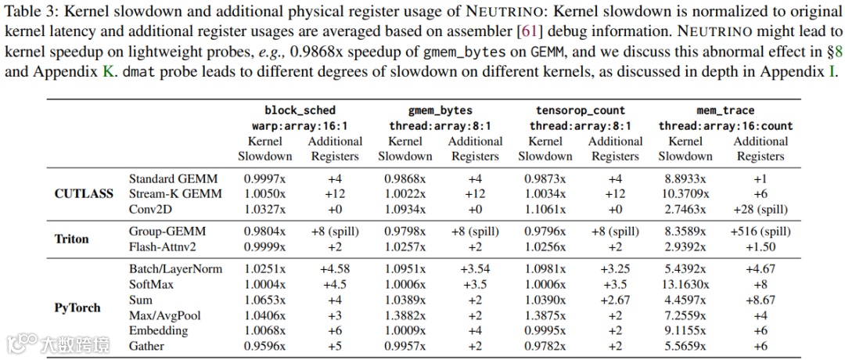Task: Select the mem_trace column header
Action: point(726,110)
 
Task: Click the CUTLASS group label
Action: point(84,193)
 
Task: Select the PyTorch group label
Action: point(77,308)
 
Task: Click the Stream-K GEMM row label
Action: point(174,193)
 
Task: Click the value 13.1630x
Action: point(685,284)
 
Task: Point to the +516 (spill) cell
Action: point(760,231)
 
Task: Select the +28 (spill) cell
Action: point(760,209)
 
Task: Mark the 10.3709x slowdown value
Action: point(685,193)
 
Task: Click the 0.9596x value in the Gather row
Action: point(265,345)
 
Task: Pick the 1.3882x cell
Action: point(405,315)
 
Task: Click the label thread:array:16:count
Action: point(725,126)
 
